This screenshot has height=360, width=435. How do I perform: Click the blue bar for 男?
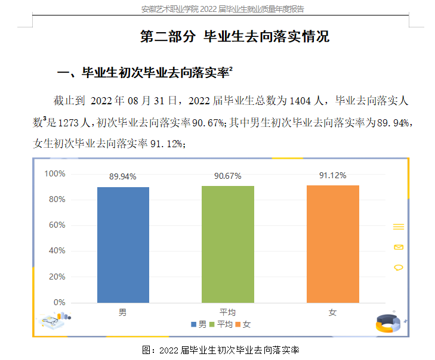[x=123, y=244]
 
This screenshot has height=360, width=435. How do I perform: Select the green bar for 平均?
[x=227, y=244]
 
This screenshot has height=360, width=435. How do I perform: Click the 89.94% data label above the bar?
[x=123, y=176]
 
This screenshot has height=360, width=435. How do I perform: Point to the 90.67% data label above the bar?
[x=227, y=176]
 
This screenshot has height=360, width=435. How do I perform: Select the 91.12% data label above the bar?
[x=332, y=175]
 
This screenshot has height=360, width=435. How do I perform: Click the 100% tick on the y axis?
[x=55, y=173]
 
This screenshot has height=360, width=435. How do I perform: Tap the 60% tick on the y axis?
[x=57, y=225]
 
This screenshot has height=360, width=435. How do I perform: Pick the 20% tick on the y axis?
[x=57, y=277]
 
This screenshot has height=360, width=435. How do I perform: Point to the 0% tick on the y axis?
[x=59, y=302]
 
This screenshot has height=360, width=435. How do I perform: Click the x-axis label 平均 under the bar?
[x=227, y=313]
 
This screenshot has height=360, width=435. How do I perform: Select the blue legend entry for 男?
[x=199, y=324]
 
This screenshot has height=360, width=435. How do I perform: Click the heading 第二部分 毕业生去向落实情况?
[x=235, y=36]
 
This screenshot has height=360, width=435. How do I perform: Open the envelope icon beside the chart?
[x=399, y=247]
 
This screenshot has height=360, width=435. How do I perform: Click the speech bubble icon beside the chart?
[x=399, y=268]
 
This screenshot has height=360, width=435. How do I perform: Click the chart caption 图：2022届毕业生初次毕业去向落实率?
[x=220, y=349]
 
